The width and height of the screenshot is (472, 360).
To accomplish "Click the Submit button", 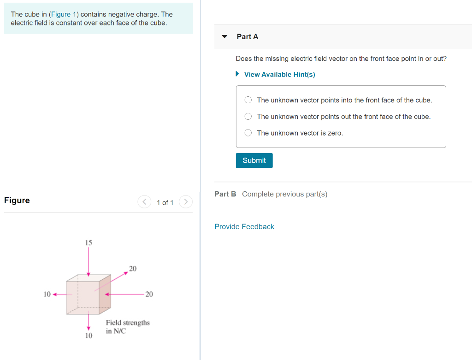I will (x=254, y=160).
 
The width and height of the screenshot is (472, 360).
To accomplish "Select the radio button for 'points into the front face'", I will (x=248, y=100).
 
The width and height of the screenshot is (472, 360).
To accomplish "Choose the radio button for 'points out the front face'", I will (x=248, y=117).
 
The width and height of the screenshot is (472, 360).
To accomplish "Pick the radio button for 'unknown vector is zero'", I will (x=248, y=133).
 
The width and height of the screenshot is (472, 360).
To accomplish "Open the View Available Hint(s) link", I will (x=279, y=75).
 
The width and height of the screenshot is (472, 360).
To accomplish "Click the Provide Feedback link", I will (x=244, y=227).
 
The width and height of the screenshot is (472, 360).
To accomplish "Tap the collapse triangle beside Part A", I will (x=224, y=36).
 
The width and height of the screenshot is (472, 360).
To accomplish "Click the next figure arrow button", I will (x=186, y=202).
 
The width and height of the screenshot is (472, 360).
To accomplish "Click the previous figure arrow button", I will (x=144, y=202).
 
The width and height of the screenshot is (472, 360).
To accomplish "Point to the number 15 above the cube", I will (x=88, y=242).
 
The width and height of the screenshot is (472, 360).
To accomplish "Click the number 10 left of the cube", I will (x=47, y=294).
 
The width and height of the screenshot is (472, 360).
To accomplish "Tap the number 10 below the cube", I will (x=88, y=336).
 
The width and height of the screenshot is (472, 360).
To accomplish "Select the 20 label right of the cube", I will (x=149, y=294).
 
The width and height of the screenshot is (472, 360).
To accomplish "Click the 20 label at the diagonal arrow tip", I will (x=133, y=268).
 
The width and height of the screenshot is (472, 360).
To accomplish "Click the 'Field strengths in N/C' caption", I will (x=128, y=327).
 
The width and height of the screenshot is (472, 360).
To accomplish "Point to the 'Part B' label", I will (x=225, y=194).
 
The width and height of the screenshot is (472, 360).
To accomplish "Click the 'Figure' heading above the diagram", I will (x=17, y=201).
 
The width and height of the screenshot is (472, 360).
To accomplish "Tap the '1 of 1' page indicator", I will (x=165, y=203).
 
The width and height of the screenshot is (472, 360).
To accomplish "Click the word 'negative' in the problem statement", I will (x=121, y=14).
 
